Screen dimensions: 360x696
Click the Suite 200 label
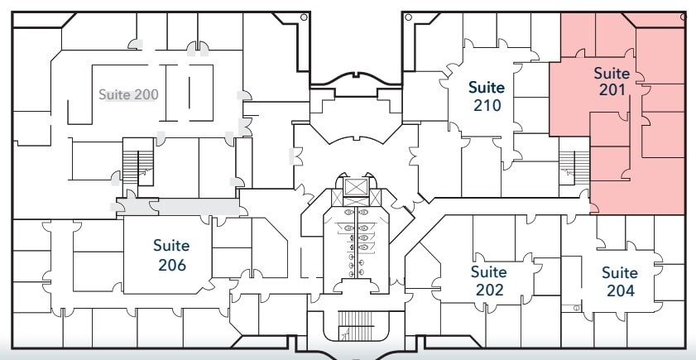point(128,94)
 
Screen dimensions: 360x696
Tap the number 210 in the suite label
point(487,105)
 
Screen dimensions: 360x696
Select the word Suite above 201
point(612,73)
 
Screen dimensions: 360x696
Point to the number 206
point(171,265)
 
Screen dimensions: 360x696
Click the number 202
point(488,290)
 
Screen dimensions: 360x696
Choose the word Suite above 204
point(619,272)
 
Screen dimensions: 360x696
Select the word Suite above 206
point(171,246)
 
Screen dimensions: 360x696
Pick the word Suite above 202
point(488,271)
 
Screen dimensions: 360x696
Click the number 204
point(619,290)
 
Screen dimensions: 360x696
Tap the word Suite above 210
point(487,86)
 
